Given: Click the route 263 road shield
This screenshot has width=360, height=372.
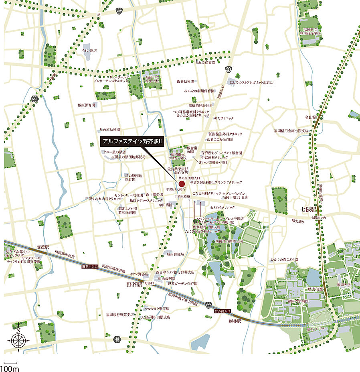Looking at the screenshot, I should click(228, 69).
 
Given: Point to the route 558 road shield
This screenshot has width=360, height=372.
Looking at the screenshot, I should click(34, 98).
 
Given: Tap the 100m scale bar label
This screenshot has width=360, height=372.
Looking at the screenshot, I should click(9, 368).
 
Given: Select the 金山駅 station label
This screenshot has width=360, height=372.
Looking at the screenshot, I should click(311, 118).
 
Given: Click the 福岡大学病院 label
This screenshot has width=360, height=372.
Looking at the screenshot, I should click(298, 301).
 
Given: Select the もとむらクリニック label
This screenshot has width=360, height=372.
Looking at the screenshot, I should click(223, 207).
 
